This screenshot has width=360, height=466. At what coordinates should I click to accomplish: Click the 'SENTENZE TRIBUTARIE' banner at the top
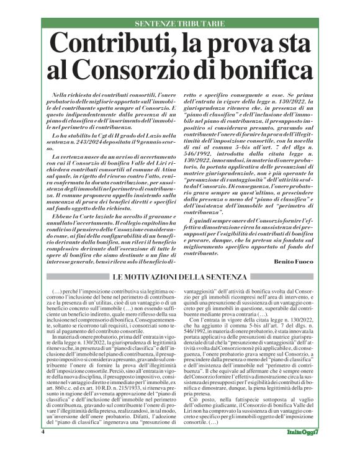(x=179, y=24)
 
